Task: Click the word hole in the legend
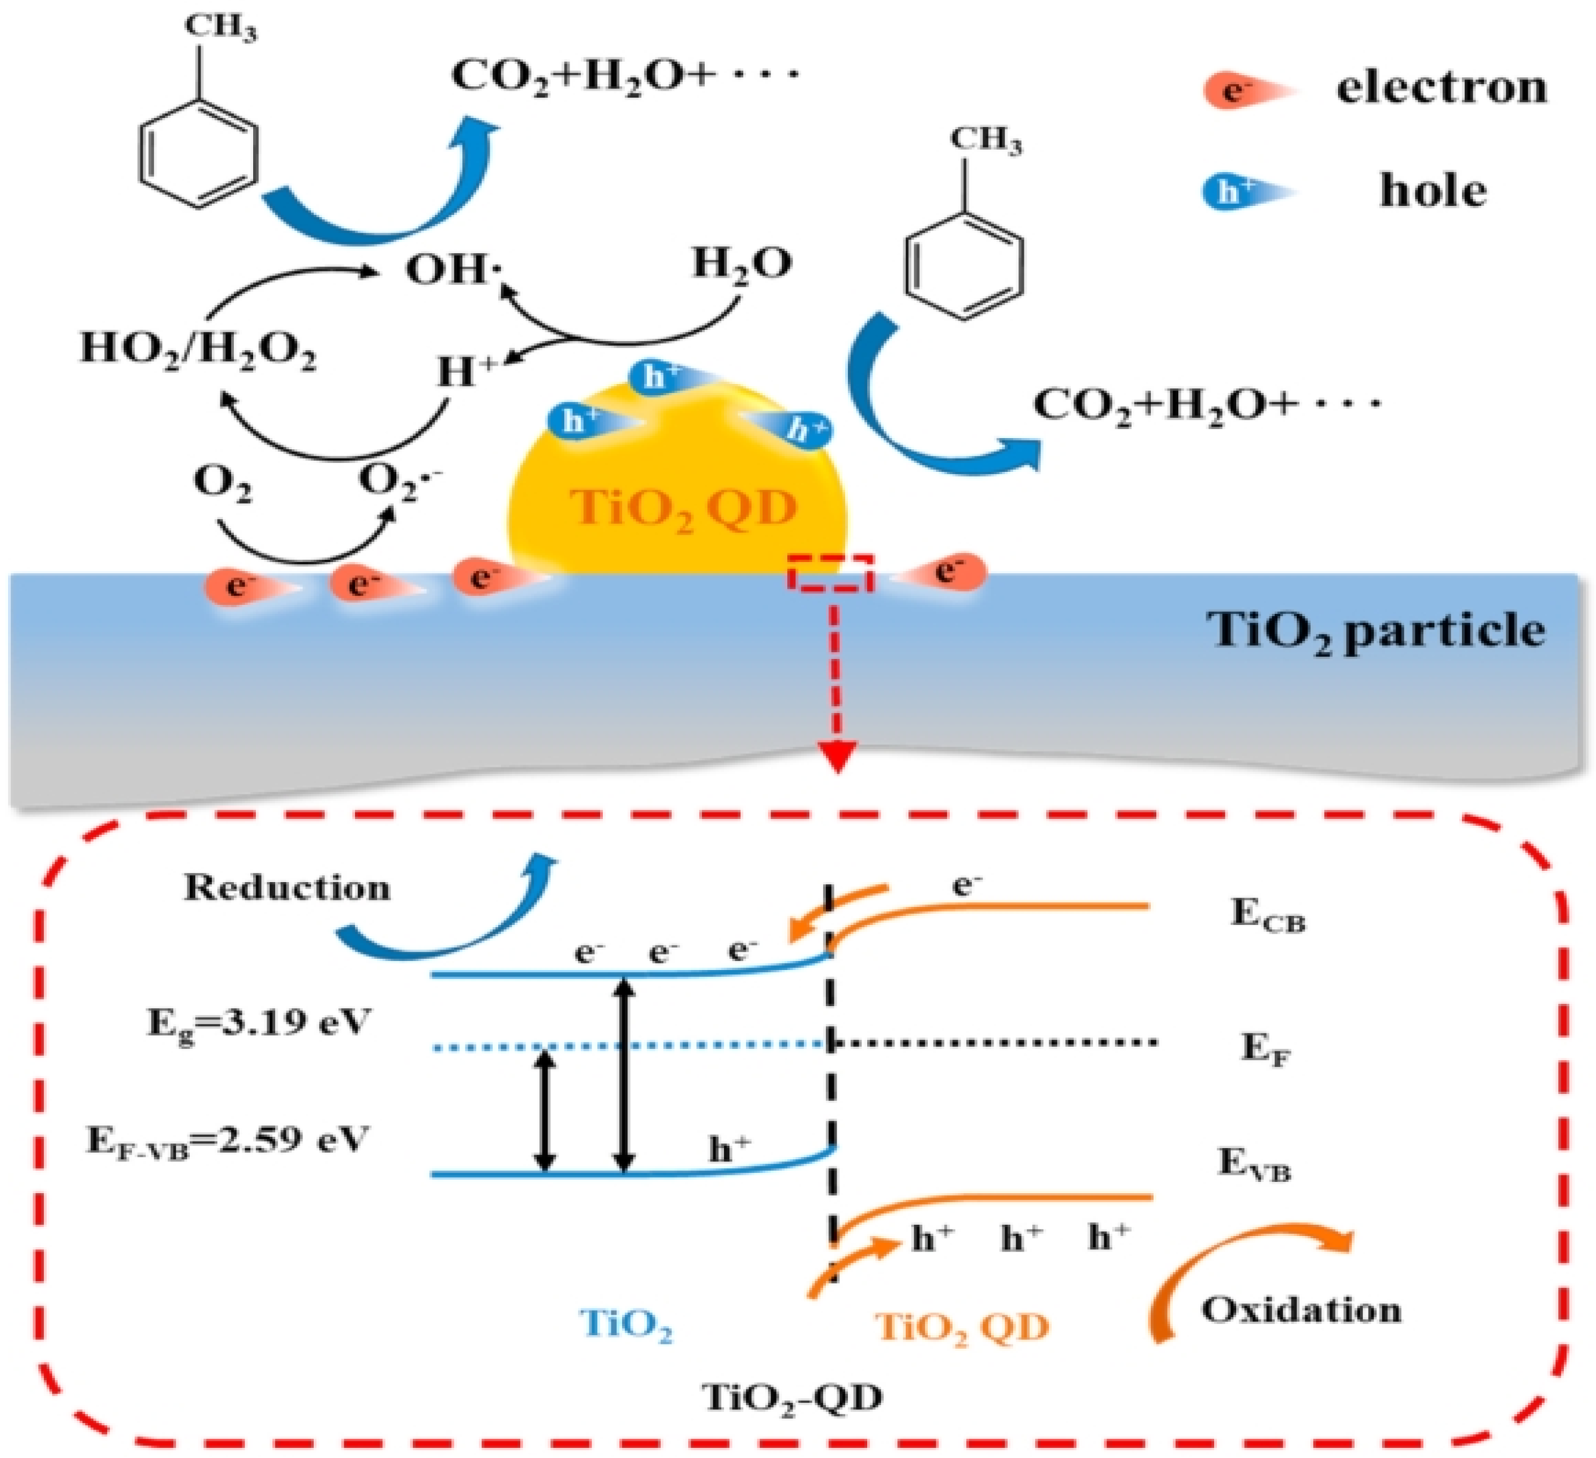(1433, 191)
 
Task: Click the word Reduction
(287, 888)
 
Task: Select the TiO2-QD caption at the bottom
(792, 1398)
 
